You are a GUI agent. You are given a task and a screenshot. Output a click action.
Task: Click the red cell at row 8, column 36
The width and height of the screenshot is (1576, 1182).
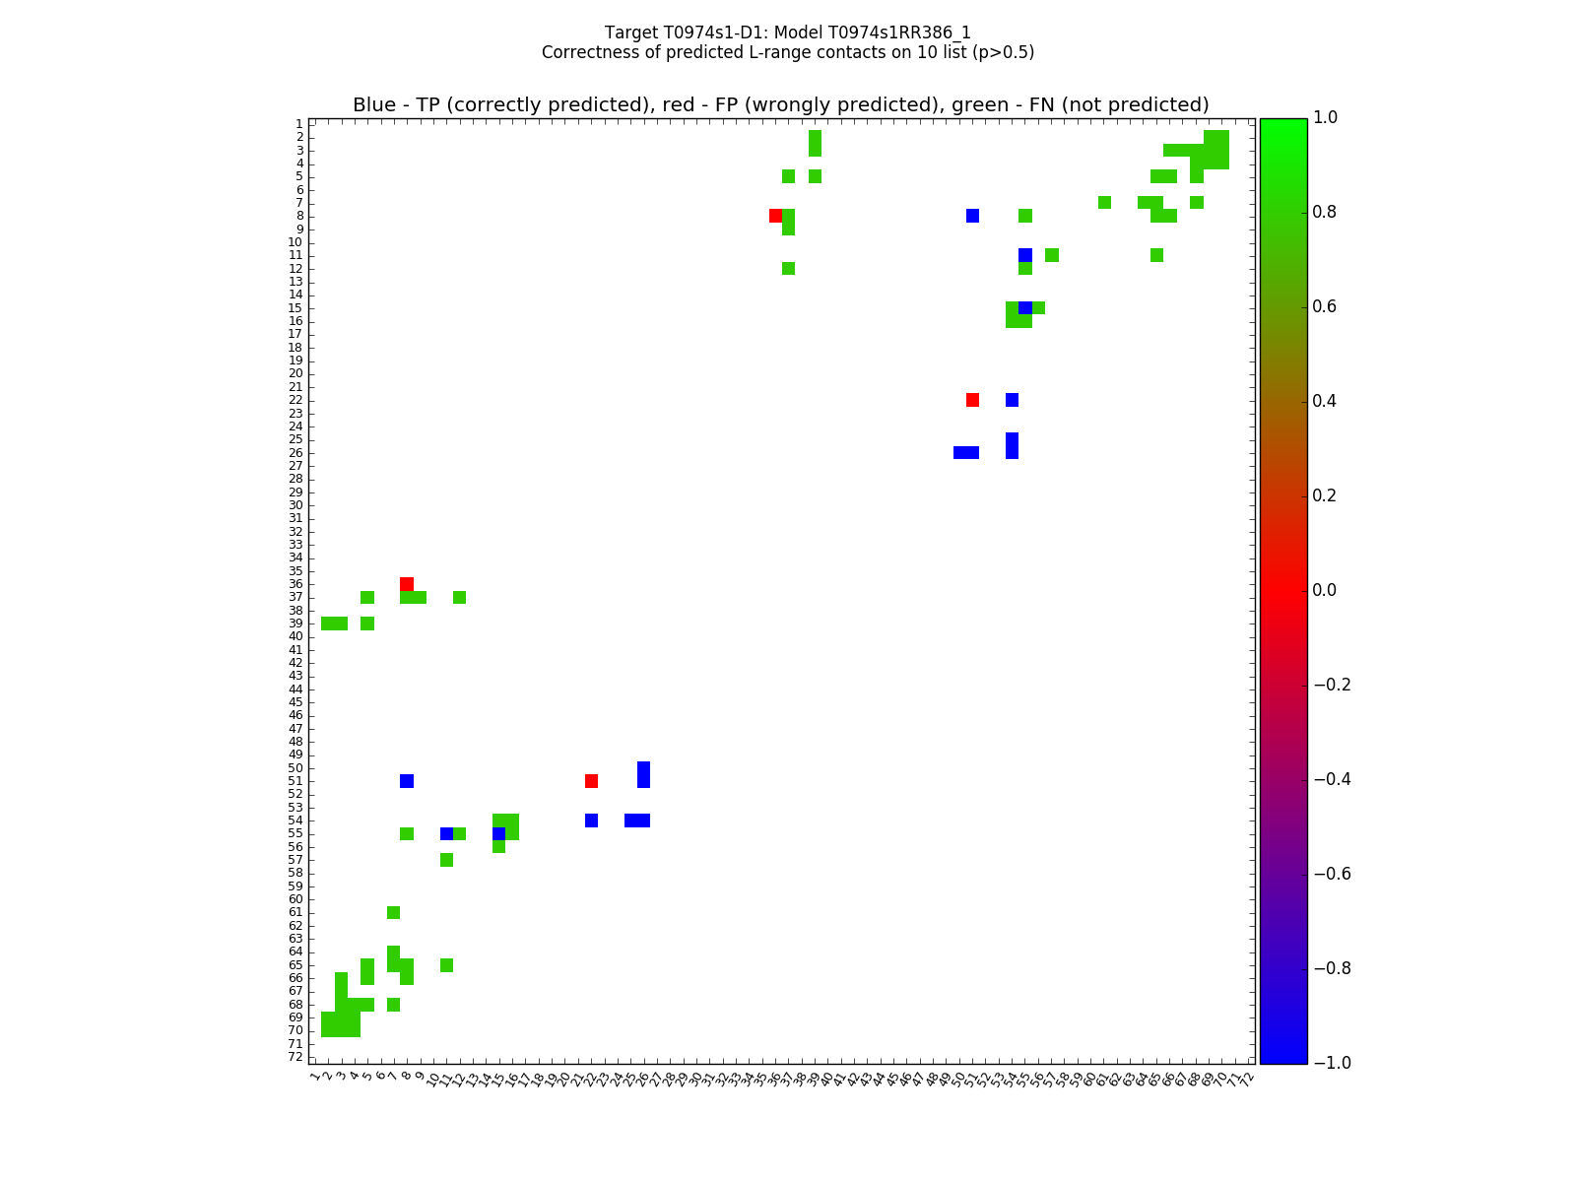click(775, 216)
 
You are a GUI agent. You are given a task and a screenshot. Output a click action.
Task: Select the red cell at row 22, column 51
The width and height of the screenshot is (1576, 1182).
click(972, 400)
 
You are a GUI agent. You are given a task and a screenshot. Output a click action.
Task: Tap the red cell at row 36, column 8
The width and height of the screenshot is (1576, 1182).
click(407, 584)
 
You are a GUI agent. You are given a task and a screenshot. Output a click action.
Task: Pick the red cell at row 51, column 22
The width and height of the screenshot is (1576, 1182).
click(591, 781)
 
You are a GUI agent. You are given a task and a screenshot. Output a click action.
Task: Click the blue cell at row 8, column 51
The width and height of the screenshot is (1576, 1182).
click(972, 216)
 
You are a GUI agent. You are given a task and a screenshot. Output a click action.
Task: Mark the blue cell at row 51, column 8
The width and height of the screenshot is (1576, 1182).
click(407, 781)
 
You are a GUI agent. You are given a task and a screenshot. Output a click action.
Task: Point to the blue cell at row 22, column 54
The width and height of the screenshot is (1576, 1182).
click(1012, 400)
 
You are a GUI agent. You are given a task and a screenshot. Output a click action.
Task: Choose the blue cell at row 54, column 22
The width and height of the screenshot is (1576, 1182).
click(591, 821)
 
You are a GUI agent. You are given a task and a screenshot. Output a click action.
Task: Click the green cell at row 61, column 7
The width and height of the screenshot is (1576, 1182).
click(393, 912)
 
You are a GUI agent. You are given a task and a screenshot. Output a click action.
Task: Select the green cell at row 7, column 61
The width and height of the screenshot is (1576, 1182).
click(1104, 203)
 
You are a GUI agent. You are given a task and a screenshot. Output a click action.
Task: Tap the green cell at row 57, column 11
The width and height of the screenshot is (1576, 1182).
click(446, 860)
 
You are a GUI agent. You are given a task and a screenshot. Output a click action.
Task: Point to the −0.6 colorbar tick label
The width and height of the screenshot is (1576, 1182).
click(1332, 874)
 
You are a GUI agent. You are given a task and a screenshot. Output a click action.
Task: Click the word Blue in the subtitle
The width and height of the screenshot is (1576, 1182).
click(373, 105)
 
